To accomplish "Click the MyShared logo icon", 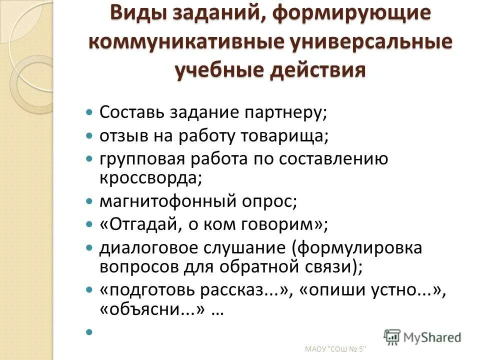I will tap(392, 336).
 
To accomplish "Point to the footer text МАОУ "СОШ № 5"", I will tap(335, 348).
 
